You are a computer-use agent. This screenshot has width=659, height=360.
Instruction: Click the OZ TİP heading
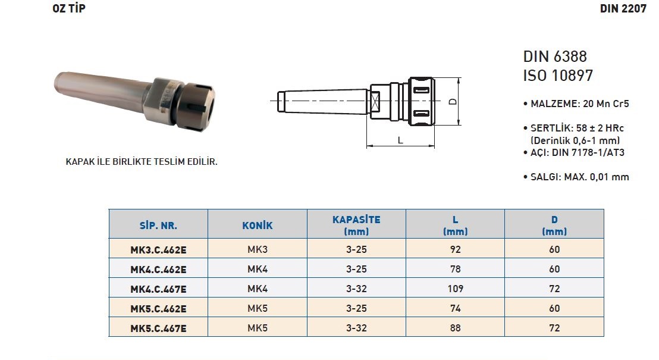69,8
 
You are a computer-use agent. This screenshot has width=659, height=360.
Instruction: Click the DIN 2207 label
623,8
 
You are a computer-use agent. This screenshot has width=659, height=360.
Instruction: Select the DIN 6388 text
555,57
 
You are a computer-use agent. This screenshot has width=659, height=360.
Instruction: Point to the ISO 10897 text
558,76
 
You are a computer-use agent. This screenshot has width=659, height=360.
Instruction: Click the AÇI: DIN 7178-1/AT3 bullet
574,153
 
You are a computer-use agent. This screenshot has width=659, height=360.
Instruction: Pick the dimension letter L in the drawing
400,140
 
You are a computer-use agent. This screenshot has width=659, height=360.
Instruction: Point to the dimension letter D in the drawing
453,101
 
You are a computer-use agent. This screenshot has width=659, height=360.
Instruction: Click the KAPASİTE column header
356,225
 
